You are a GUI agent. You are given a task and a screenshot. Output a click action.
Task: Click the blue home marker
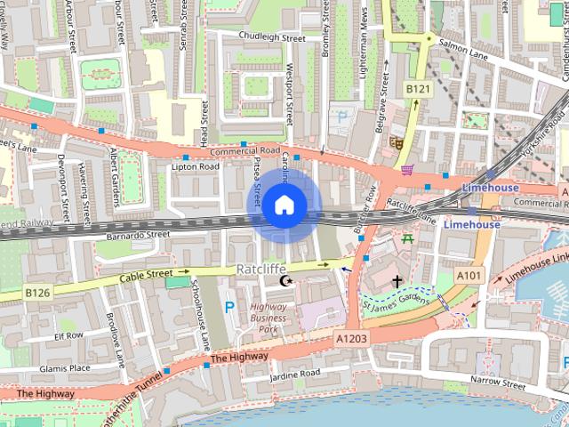284,205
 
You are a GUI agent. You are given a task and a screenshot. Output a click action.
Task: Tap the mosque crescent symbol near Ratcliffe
286,281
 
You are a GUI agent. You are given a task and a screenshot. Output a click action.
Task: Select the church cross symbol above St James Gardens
396,280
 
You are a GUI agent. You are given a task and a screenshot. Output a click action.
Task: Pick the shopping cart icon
407,169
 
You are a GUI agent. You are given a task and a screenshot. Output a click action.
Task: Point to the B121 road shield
417,89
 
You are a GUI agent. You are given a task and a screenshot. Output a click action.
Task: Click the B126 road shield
36,292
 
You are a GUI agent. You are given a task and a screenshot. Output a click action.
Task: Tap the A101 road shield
469,277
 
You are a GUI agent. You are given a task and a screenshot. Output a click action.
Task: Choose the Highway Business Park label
268,318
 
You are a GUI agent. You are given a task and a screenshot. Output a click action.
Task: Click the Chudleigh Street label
272,38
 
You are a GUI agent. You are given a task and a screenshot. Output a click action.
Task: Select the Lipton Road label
195,166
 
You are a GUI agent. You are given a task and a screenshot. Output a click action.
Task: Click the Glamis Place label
65,368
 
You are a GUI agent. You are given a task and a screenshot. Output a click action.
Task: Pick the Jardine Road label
294,373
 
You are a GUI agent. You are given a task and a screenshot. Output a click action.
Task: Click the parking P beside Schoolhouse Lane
229,308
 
